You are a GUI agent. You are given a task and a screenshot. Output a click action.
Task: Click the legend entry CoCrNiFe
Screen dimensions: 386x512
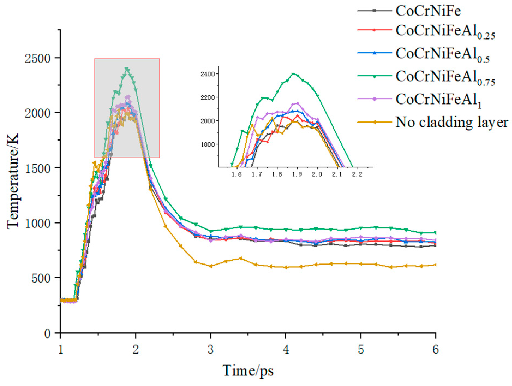(428, 11)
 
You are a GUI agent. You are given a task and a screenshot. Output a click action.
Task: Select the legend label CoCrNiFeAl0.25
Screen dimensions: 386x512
(445, 32)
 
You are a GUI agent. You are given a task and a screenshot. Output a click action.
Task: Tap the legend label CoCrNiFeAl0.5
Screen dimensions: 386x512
(442, 54)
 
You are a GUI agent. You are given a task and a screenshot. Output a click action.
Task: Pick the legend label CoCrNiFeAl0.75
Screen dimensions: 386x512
(445, 78)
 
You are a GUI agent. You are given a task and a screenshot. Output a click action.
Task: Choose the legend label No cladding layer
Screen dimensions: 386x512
(452, 122)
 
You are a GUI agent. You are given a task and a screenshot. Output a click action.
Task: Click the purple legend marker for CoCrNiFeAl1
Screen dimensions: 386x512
(375, 99)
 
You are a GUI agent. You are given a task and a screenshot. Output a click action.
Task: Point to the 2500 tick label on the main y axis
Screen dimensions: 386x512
(38, 58)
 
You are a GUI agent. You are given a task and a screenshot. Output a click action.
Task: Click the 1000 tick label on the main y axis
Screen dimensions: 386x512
(38, 223)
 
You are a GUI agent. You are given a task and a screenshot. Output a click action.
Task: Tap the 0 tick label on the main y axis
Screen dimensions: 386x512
(47, 333)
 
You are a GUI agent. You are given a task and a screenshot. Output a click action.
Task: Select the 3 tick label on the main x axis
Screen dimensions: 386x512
(210, 349)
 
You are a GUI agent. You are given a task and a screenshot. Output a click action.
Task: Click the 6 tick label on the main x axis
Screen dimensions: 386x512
(435, 349)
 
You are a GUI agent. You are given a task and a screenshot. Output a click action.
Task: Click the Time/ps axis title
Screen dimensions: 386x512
(248, 370)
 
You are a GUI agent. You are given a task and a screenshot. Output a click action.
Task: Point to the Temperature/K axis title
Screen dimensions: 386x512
(13, 181)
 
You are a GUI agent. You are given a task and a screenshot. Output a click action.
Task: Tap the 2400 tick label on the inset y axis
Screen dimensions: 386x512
(208, 74)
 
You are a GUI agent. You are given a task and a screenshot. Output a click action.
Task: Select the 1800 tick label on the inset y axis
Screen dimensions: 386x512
(208, 144)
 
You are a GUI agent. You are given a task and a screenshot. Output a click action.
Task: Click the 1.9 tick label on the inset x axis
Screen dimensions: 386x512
(297, 174)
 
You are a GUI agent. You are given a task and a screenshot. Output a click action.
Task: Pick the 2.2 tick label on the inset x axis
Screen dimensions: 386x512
(357, 174)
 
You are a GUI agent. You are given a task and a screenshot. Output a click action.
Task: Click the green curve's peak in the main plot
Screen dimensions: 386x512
(127, 69)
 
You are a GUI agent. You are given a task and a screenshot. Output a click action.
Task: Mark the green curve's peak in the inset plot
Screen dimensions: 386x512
(293, 73)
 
